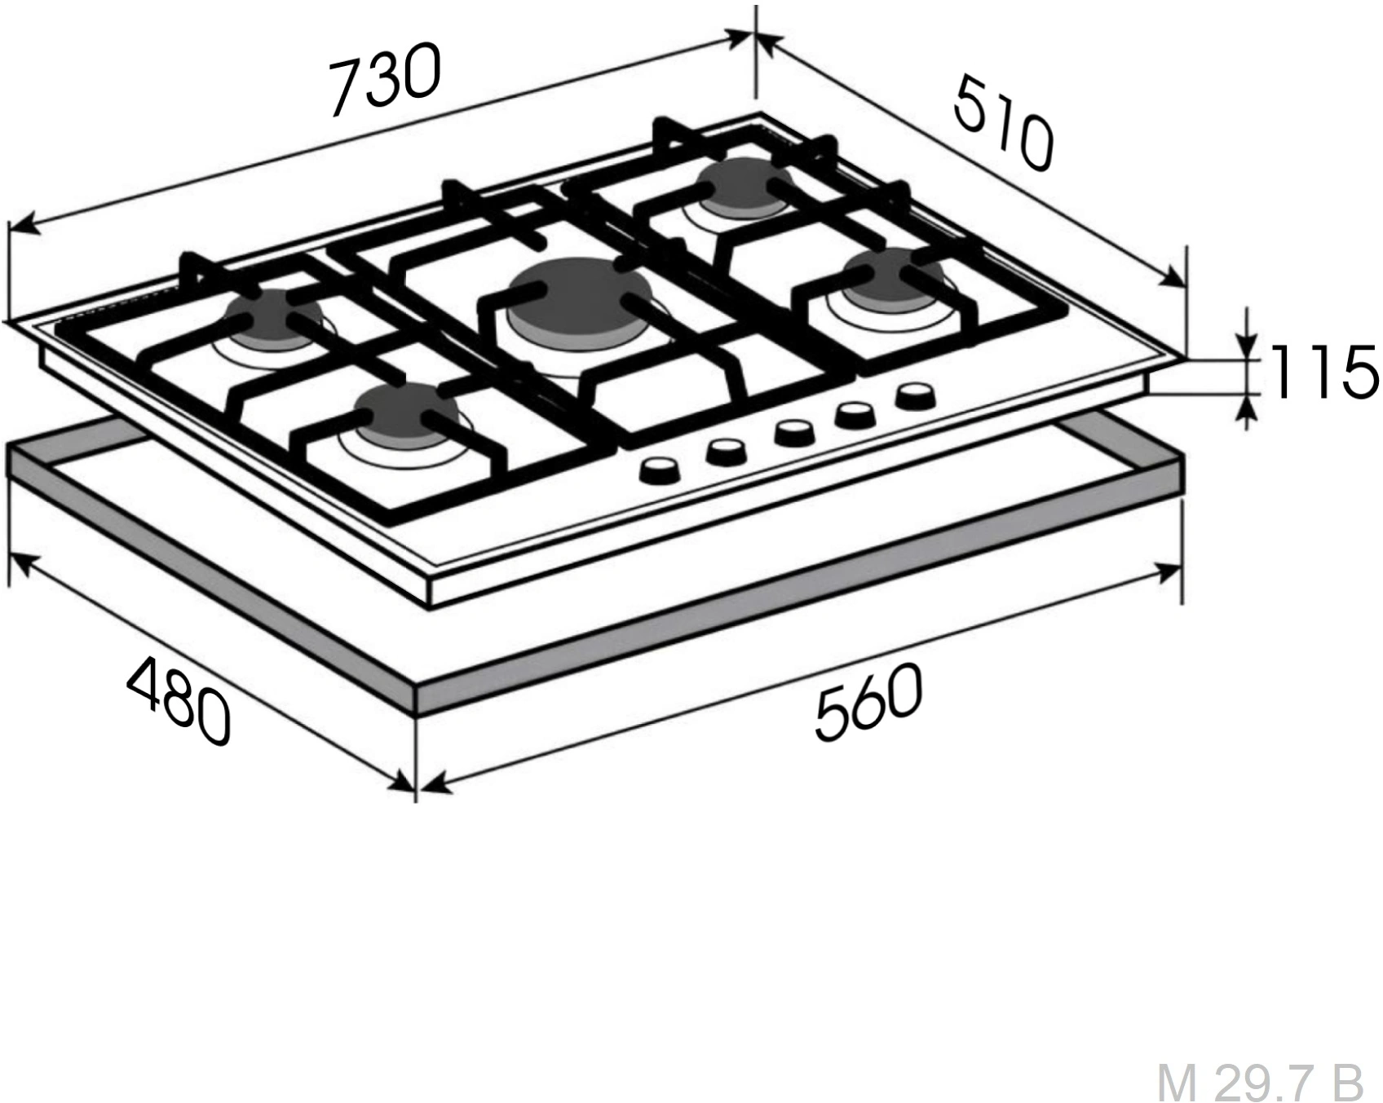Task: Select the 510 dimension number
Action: [1004, 122]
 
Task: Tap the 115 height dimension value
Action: [1322, 372]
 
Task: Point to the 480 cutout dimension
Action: [179, 702]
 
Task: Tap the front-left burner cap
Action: [404, 415]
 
